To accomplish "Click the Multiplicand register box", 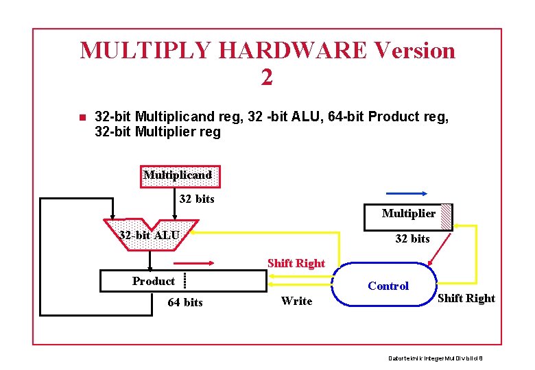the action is (178, 175).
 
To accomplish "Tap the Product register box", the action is (183, 281).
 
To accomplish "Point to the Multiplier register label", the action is (409, 214).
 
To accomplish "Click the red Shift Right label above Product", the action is (296, 263).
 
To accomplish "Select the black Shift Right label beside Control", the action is (466, 298).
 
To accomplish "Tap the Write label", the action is (296, 301).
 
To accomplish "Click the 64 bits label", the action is (185, 302).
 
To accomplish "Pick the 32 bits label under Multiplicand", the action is (197, 199).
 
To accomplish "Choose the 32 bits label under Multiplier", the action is (412, 238).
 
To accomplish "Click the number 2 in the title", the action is (267, 77).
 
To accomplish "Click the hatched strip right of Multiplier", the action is (446, 215).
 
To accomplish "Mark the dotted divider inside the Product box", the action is (185, 282).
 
